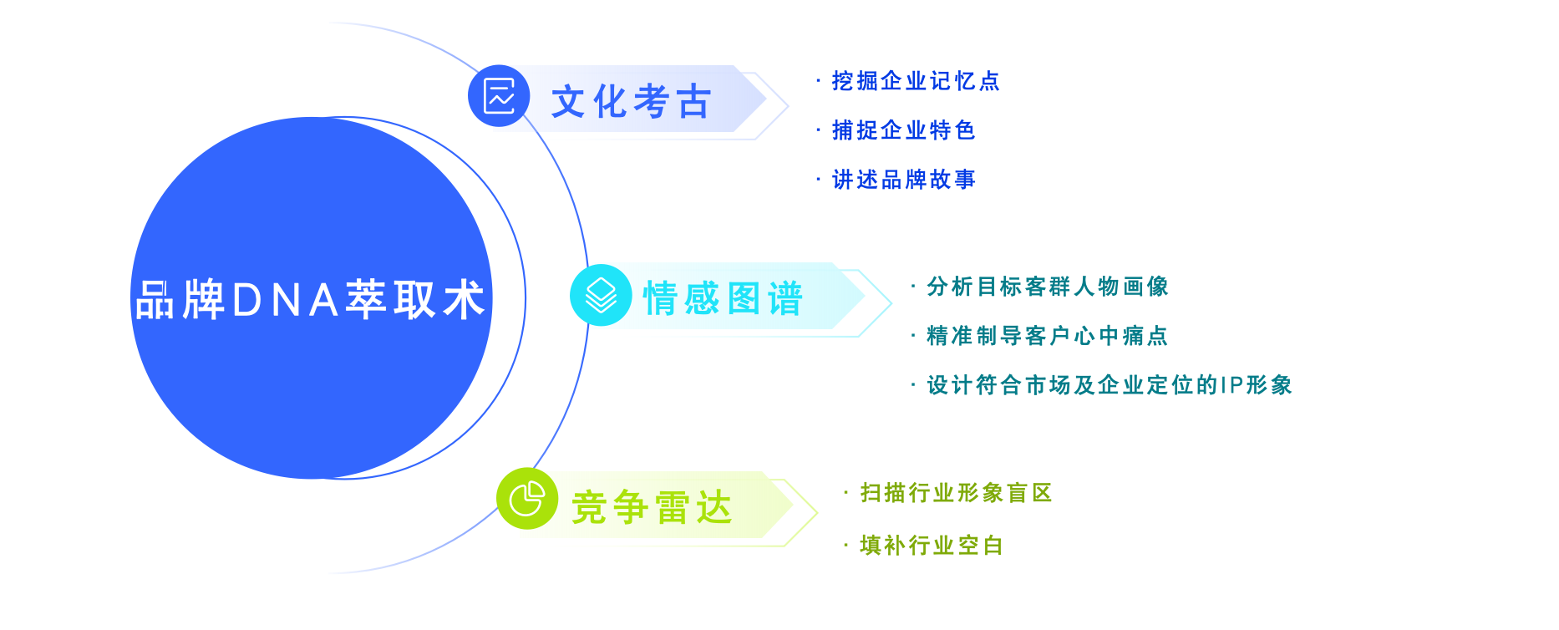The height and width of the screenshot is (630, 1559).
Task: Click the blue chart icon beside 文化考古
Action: (x=499, y=96)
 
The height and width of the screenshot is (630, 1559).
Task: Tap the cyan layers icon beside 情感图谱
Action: (x=601, y=295)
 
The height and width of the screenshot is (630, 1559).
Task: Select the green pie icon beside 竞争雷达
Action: (x=527, y=499)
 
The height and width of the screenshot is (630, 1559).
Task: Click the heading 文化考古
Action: (x=631, y=102)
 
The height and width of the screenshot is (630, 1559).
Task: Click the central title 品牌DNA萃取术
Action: (x=310, y=300)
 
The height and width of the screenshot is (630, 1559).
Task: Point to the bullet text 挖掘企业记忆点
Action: (x=916, y=81)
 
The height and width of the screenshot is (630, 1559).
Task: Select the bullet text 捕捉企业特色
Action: (x=904, y=130)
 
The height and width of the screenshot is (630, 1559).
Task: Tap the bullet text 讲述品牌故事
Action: (x=904, y=180)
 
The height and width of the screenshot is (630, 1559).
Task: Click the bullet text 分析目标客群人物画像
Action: (x=1048, y=287)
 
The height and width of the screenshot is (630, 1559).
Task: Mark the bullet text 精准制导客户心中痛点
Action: (x=1048, y=336)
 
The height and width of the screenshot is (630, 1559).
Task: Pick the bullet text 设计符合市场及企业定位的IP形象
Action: (x=1110, y=385)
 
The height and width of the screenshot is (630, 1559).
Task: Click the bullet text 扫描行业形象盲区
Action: (x=956, y=493)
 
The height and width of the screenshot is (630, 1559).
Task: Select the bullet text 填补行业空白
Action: (x=932, y=546)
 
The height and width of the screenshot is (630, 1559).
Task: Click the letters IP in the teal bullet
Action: (x=1231, y=385)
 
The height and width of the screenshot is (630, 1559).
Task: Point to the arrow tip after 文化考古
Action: (x=789, y=105)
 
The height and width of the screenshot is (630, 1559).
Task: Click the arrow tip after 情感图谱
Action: (x=891, y=303)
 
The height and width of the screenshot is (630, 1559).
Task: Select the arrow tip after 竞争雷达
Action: (x=817, y=512)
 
